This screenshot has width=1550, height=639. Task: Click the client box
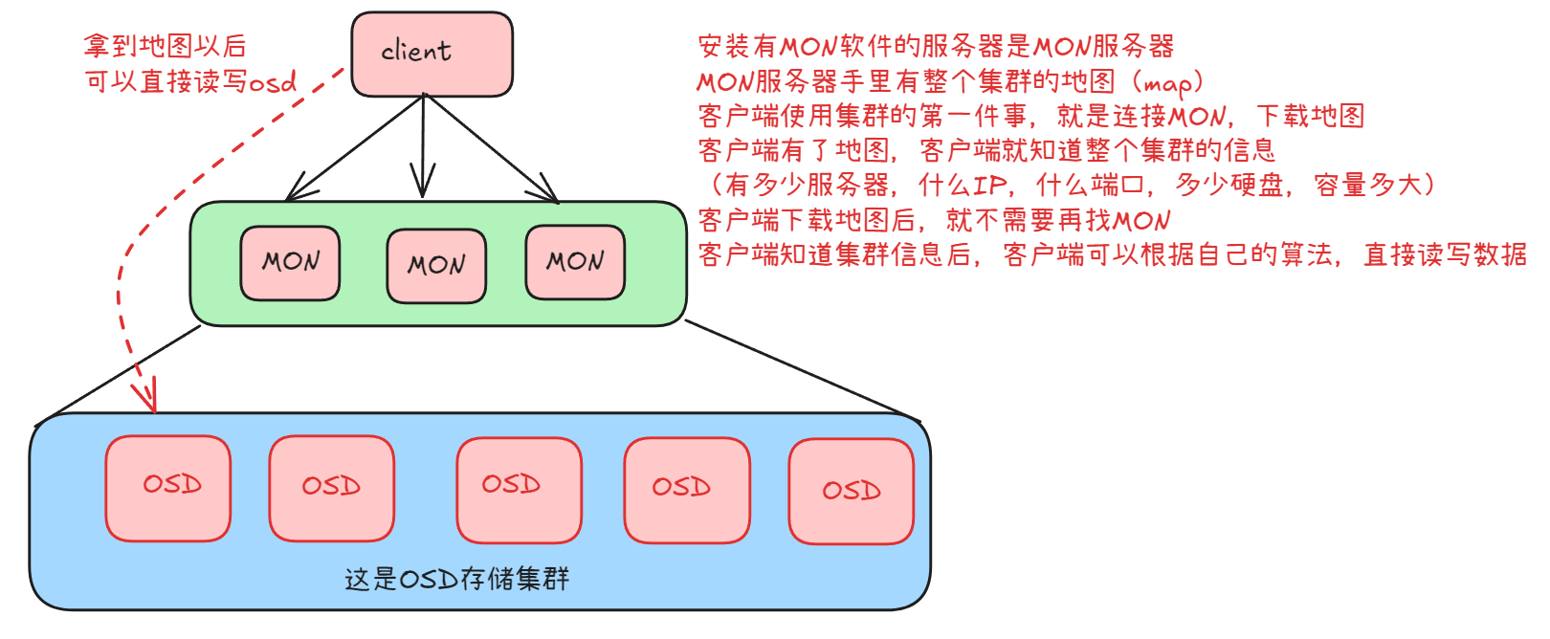(432, 54)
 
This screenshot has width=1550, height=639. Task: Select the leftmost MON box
(290, 263)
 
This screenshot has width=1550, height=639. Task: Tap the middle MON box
(436, 266)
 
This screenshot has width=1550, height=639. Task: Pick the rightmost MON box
(575, 262)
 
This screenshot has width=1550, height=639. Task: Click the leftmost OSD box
(168, 488)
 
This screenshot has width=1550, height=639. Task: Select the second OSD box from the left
(331, 488)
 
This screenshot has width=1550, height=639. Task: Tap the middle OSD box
(519, 489)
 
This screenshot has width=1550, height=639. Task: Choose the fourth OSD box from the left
(686, 490)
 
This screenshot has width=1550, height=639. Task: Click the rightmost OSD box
(851, 492)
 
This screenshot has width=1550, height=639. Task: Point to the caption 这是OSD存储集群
(456, 579)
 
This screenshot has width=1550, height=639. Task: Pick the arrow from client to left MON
(354, 148)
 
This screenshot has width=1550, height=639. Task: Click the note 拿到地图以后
(165, 46)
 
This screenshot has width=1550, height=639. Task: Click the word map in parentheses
(1167, 83)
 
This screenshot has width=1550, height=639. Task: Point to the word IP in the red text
(990, 185)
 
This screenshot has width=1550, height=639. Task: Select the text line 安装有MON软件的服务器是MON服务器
(935, 46)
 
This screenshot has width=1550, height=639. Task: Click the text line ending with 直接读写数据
(1112, 254)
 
